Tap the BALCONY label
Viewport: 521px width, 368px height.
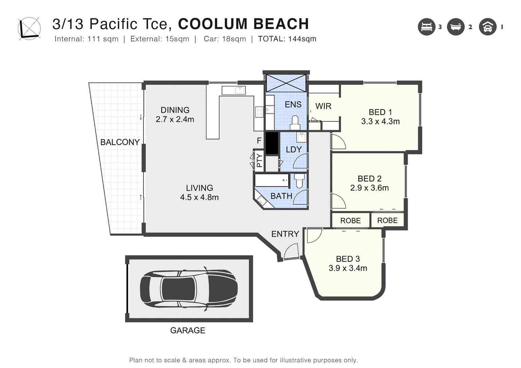tap(120, 142)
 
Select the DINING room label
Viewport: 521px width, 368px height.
tap(175, 110)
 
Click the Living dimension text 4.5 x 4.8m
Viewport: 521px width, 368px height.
tap(199, 197)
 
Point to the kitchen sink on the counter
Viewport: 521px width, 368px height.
tap(233, 90)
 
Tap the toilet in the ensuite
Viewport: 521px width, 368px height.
tap(294, 122)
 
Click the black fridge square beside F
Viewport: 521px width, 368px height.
tap(272, 143)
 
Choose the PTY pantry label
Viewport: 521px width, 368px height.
tap(259, 161)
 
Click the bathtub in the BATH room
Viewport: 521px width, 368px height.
tap(272, 180)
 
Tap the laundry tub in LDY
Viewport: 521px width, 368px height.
tap(301, 137)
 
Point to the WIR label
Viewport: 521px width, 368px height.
tap(323, 106)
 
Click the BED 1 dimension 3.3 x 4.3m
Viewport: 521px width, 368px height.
tap(380, 121)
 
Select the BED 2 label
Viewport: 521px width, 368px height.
tap(370, 178)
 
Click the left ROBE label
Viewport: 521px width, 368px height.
tap(350, 220)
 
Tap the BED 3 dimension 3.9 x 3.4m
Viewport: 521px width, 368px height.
tap(348, 268)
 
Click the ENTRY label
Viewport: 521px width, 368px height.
tap(285, 234)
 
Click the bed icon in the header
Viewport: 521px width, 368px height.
tap(426, 27)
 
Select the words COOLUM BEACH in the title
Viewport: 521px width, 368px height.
tap(243, 24)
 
